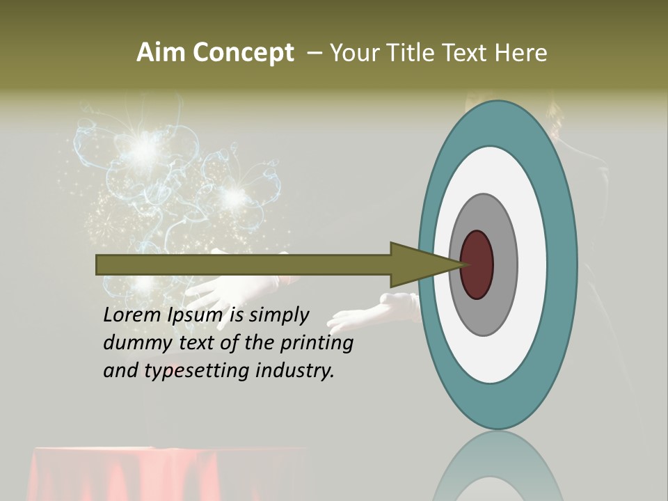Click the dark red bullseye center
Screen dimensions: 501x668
coord(477,264)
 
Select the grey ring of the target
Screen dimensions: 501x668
coord(505,264)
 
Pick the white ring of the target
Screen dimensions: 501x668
coord(532,264)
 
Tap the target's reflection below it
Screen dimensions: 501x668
coord(498,470)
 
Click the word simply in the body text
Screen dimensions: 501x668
coord(279,316)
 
